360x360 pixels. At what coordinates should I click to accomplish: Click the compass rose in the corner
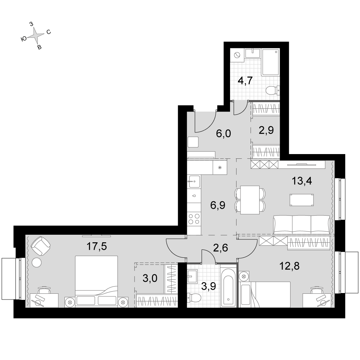(x=36, y=35)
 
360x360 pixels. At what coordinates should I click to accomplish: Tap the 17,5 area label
(x=96, y=246)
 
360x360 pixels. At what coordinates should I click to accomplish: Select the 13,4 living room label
(x=302, y=181)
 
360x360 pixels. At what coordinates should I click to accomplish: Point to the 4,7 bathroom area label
(x=245, y=81)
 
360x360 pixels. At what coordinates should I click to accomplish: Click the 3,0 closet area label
(x=150, y=278)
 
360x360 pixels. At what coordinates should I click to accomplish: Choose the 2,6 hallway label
(x=220, y=248)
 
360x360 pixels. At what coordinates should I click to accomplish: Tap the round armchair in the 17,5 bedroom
(x=41, y=245)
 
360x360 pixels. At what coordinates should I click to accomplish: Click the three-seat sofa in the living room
(x=302, y=224)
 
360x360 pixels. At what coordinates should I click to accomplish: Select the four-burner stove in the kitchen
(x=194, y=219)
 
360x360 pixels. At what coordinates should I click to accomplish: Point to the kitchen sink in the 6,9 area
(x=194, y=181)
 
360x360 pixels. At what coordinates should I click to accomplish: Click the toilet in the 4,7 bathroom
(x=273, y=90)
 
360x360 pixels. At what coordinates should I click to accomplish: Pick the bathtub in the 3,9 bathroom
(x=228, y=286)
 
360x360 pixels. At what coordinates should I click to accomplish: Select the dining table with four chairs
(x=250, y=200)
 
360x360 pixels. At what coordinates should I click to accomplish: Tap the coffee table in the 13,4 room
(x=302, y=200)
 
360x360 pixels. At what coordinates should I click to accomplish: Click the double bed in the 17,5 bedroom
(x=96, y=282)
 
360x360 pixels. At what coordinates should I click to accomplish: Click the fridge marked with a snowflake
(x=220, y=167)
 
